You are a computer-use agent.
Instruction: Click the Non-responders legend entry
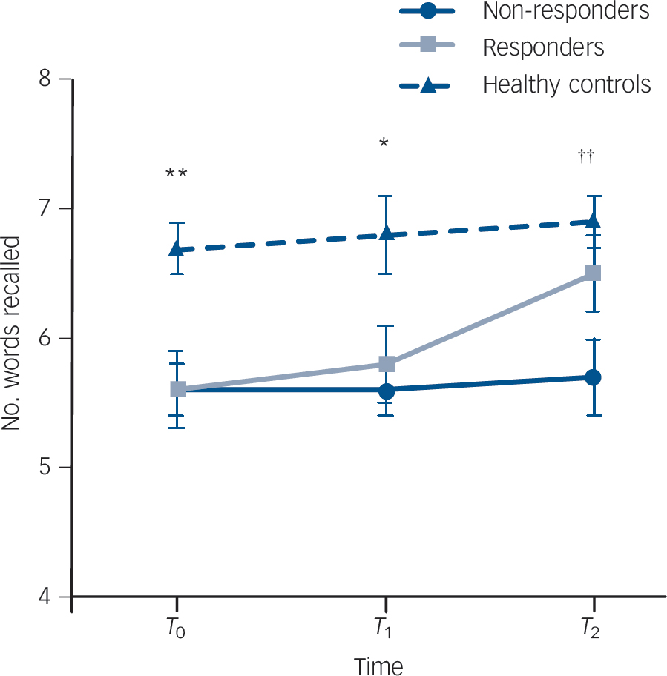pos(566,12)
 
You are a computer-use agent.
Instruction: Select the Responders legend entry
pos(543,48)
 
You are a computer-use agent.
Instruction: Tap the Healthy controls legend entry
pos(567,84)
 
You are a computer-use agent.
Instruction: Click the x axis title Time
pos(378,665)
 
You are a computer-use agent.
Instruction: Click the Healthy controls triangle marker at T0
pos(177,249)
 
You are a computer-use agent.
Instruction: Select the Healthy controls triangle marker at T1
pos(385,233)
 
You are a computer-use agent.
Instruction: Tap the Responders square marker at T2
pos(594,273)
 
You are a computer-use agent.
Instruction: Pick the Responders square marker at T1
pos(385,364)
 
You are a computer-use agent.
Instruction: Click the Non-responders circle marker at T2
pos(594,377)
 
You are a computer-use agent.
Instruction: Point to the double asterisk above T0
pos(177,174)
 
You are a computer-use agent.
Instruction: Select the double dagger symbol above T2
pos(587,156)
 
